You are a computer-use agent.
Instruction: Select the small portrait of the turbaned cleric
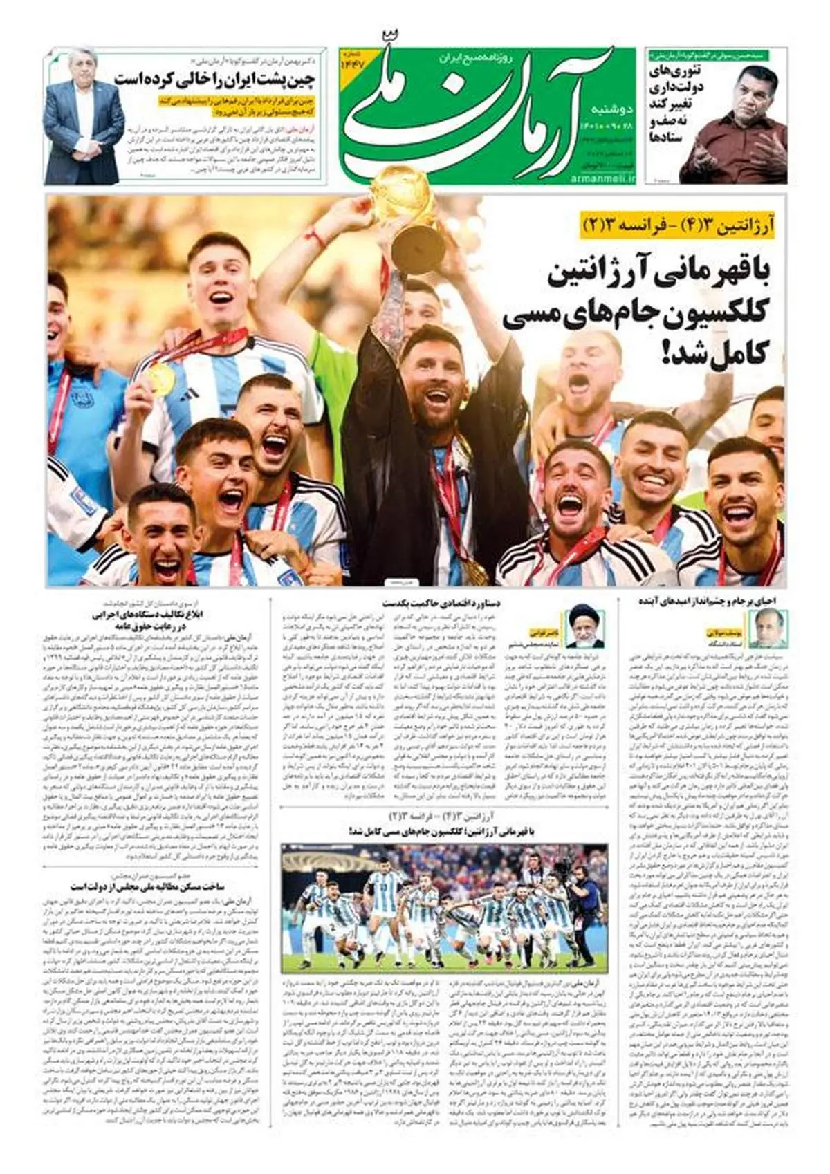580,626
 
